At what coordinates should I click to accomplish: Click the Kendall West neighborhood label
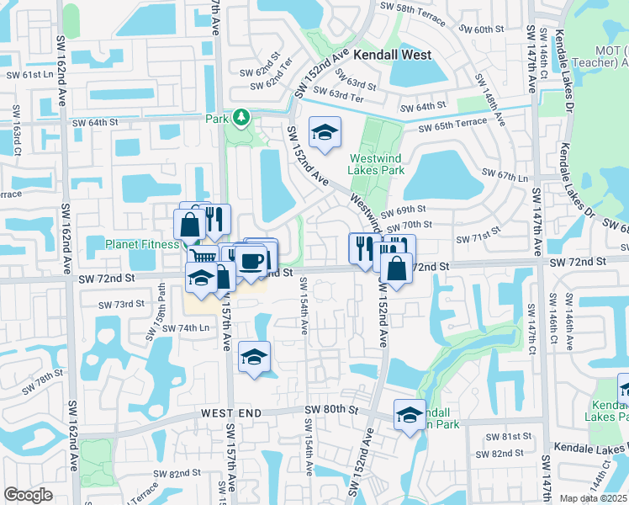click(x=392, y=55)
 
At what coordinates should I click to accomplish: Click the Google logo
click(x=28, y=495)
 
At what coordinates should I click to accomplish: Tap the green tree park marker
click(x=241, y=116)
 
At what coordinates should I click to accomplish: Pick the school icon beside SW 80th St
click(x=410, y=414)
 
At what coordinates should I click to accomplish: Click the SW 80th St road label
click(x=331, y=410)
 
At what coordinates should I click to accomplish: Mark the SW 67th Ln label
click(x=504, y=176)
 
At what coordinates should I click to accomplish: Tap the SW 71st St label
click(x=473, y=238)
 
